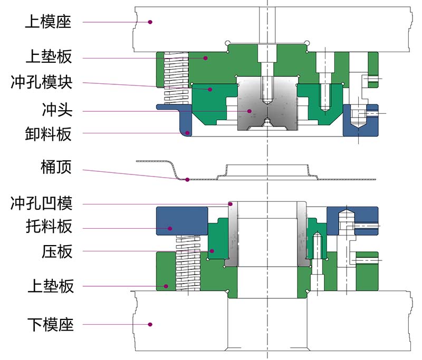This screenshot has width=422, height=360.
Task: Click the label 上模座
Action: click(x=48, y=22)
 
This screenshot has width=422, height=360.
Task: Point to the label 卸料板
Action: click(x=48, y=134)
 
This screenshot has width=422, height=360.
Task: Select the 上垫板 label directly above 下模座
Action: click(x=48, y=287)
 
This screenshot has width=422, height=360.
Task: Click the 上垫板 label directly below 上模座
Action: click(x=48, y=55)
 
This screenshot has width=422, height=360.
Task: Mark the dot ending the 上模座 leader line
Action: click(x=150, y=22)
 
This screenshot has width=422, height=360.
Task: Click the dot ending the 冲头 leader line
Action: click(x=250, y=111)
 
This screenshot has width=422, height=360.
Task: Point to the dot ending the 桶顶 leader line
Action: click(x=188, y=180)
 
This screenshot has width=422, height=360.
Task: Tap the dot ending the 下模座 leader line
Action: click(x=150, y=324)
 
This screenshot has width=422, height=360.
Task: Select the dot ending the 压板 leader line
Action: click(x=212, y=251)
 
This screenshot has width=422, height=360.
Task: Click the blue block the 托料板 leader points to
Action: click(x=181, y=221)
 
